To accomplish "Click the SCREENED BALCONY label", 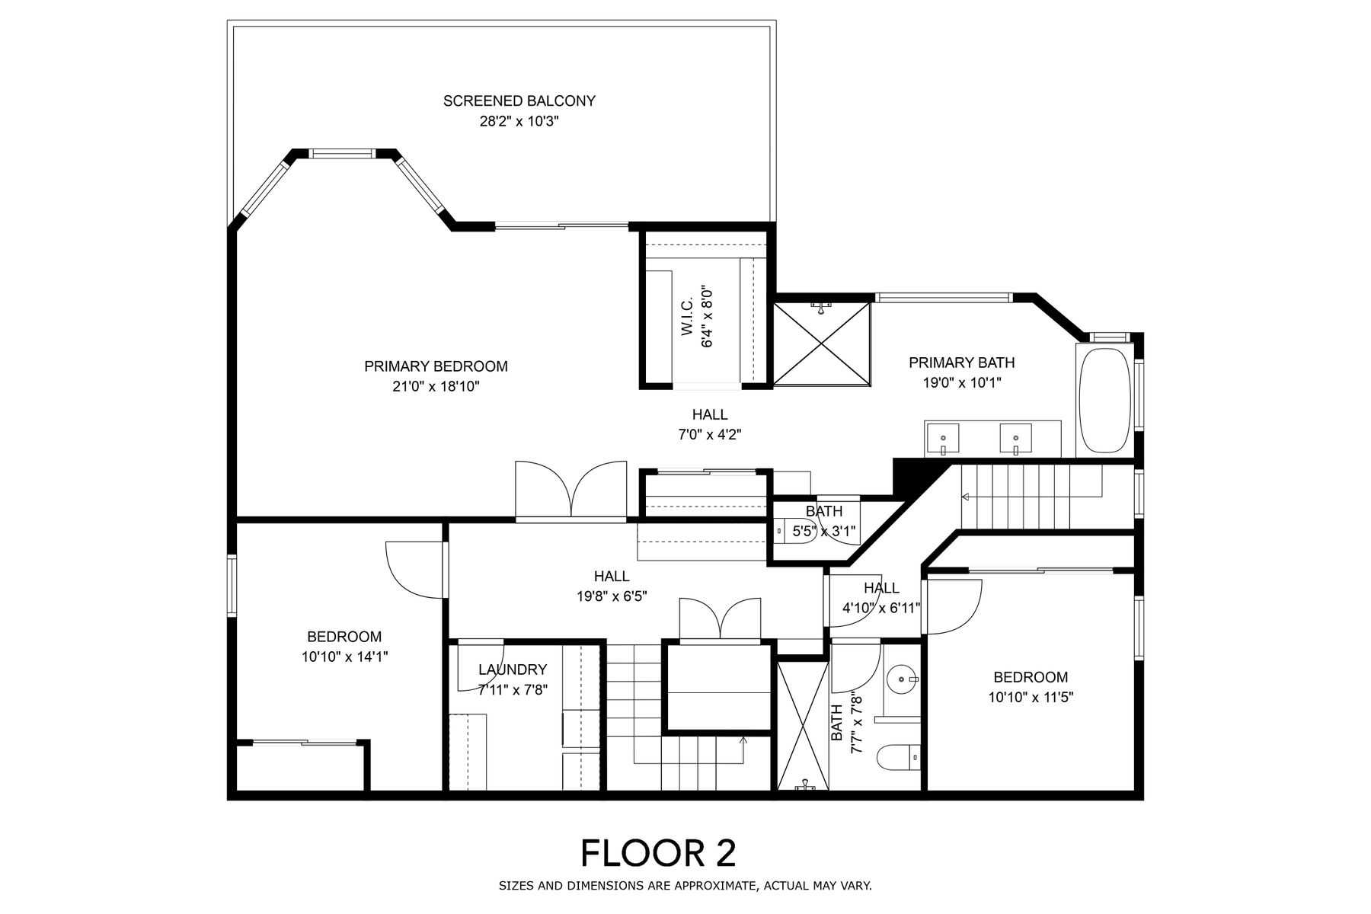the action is coord(519,101).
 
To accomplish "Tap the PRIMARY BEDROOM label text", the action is coord(436,366).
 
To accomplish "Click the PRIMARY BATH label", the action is coord(961,363).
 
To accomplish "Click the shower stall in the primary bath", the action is coord(822,344).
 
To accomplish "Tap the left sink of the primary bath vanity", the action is coord(943,438).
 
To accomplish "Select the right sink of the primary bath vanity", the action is coord(1016,438).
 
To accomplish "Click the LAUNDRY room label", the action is coord(513,670).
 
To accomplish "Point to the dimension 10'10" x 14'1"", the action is coord(345,656).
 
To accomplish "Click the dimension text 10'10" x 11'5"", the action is coord(1031,696).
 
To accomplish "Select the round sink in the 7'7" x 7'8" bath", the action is coord(903,678).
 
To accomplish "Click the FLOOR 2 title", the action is coord(659,853).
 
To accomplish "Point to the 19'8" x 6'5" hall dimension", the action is coord(612,596).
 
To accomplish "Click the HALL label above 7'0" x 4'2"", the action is coord(710,414).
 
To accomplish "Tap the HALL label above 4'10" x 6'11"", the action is coord(881,588).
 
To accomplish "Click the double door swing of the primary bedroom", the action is coord(571,490).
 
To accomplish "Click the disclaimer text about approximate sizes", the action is coord(685,886).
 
